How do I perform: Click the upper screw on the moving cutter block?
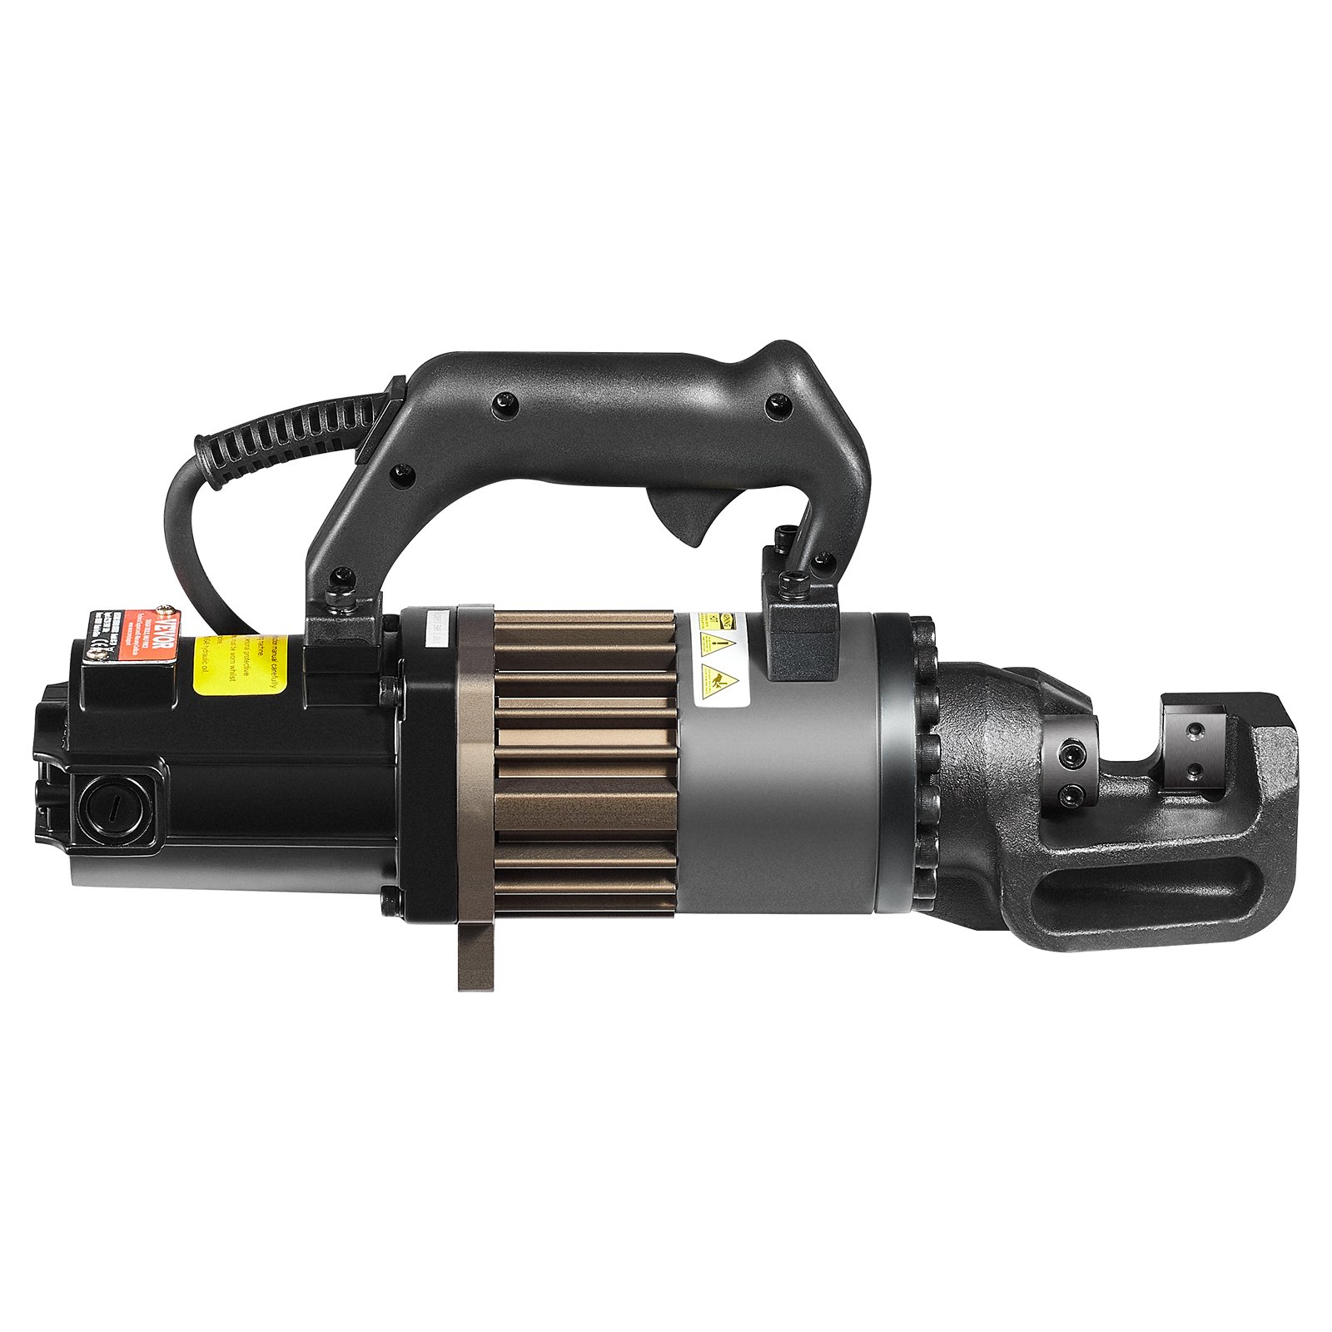pos(1067,753)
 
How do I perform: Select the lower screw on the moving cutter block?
pos(1067,799)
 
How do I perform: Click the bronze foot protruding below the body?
pos(475,957)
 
